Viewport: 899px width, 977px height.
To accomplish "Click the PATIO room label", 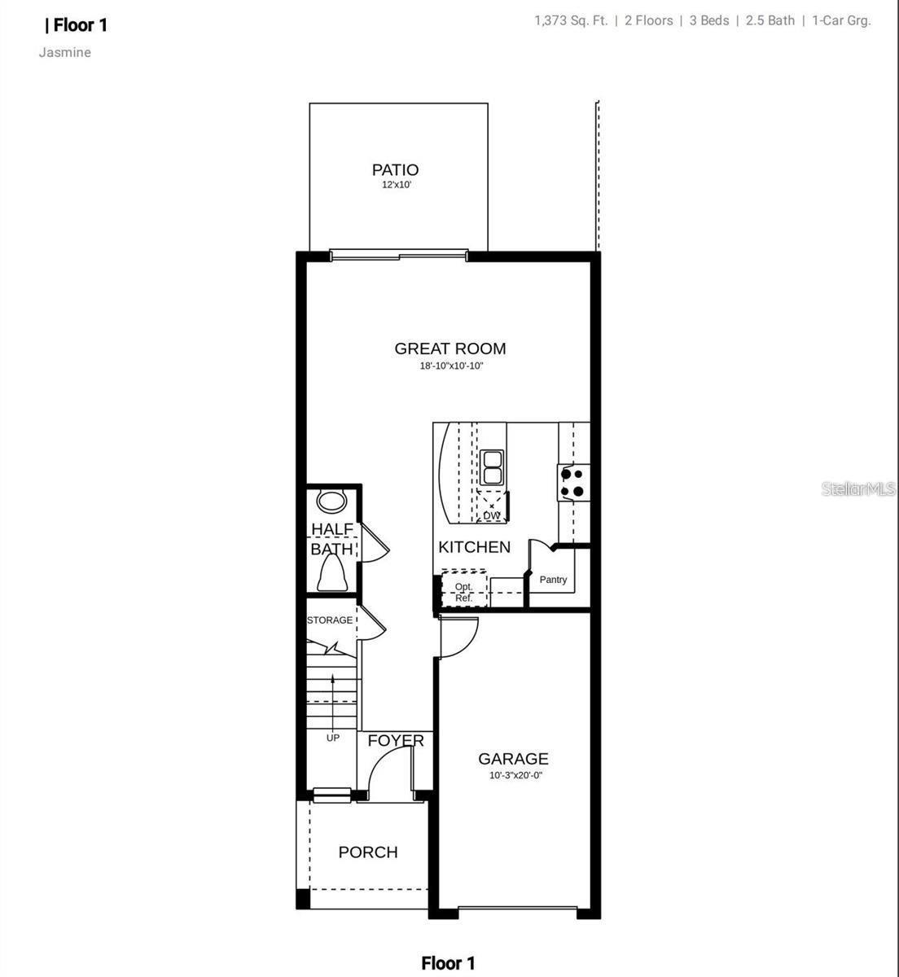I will [395, 169].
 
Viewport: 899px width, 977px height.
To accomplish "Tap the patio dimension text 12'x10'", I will [397, 186].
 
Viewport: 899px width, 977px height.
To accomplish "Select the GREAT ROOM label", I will [450, 348].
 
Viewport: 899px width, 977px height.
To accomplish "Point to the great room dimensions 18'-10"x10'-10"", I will [451, 366].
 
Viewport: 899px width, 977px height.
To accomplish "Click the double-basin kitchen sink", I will [492, 467].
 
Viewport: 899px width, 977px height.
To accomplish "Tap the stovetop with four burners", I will [573, 482].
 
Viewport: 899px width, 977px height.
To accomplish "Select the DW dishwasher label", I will [491, 515].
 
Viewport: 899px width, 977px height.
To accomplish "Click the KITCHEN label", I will [474, 547].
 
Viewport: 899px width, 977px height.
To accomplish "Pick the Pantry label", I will [553, 580].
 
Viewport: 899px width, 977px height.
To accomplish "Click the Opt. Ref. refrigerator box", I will [463, 591].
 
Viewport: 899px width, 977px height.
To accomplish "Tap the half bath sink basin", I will [331, 500].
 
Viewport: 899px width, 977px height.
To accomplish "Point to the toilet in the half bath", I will [332, 576].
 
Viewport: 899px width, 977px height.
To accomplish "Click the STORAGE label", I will [330, 620].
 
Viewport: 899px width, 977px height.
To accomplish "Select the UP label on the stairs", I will [333, 738].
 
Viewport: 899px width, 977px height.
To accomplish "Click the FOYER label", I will [396, 741].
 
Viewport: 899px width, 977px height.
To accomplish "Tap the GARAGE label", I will [513, 759].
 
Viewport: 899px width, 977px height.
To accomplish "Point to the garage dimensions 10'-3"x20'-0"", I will [515, 776].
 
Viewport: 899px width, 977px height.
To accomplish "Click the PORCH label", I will [368, 852].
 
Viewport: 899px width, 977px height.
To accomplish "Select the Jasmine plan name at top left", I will [65, 53].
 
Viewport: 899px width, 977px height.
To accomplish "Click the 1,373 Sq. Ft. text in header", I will [571, 20].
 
